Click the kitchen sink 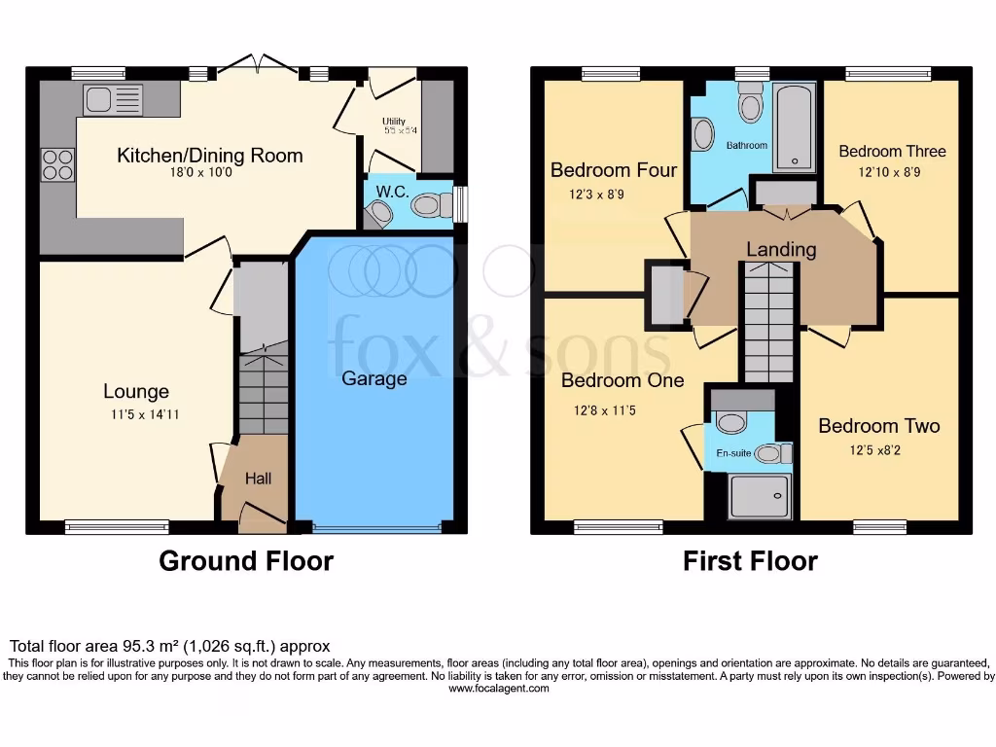113,99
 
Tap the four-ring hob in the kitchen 57,163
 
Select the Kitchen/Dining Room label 210,156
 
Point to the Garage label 373,378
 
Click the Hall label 258,479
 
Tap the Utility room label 393,122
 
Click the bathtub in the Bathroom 795,126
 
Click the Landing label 781,250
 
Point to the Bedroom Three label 892,151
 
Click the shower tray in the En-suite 757,497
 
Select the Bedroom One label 622,380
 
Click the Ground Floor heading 246,561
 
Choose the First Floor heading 750,561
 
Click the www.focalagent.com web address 498,689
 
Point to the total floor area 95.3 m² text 170,646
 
